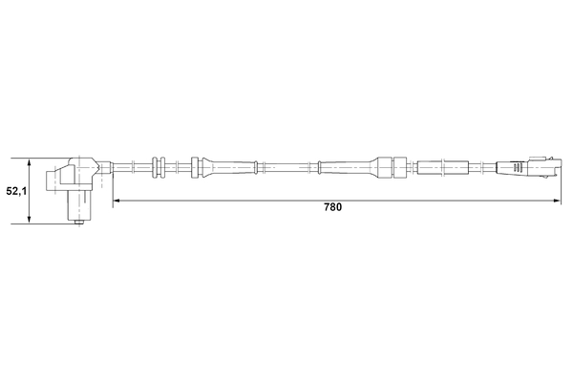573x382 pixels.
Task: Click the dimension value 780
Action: (332, 207)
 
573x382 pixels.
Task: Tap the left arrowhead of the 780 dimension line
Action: (117, 201)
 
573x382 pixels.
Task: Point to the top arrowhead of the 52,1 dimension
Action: (31, 160)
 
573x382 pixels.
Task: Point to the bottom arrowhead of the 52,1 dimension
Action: (31, 221)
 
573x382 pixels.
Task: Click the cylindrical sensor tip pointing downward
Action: (77, 202)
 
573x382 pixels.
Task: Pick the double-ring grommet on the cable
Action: (159, 166)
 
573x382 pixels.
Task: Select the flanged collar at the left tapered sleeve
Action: (196, 166)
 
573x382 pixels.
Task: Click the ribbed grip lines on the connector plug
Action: (514, 166)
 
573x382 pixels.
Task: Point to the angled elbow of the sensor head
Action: (94, 164)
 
